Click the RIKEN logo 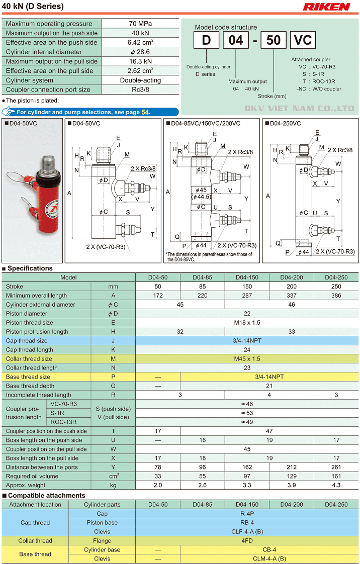327,7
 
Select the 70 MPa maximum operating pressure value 140,24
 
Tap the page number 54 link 145,112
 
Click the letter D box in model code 206,40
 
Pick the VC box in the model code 303,40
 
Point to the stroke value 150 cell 247,287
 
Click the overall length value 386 336,296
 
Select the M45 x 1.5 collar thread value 247,359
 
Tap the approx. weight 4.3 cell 336,486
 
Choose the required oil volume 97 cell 247,477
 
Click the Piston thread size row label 30,323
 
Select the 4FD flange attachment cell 247,541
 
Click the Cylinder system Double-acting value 140,80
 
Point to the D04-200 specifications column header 292,277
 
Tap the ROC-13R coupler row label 63,422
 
